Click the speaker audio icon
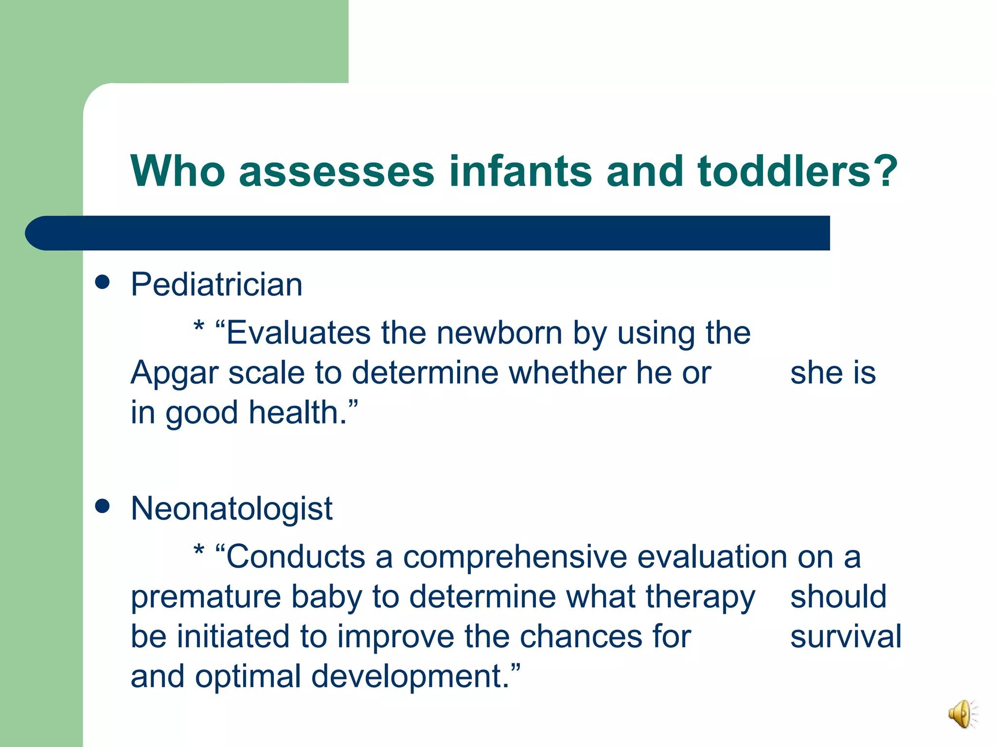click(962, 713)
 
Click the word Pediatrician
click(216, 285)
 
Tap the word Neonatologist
click(231, 509)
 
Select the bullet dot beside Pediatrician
click(102, 282)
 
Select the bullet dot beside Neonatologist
click(102, 506)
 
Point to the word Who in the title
click(178, 171)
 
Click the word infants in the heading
click(520, 171)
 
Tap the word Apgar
click(175, 373)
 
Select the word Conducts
click(296, 557)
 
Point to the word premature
click(206, 598)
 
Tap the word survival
click(846, 637)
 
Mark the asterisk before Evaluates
click(198, 326)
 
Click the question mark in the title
click(883, 171)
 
